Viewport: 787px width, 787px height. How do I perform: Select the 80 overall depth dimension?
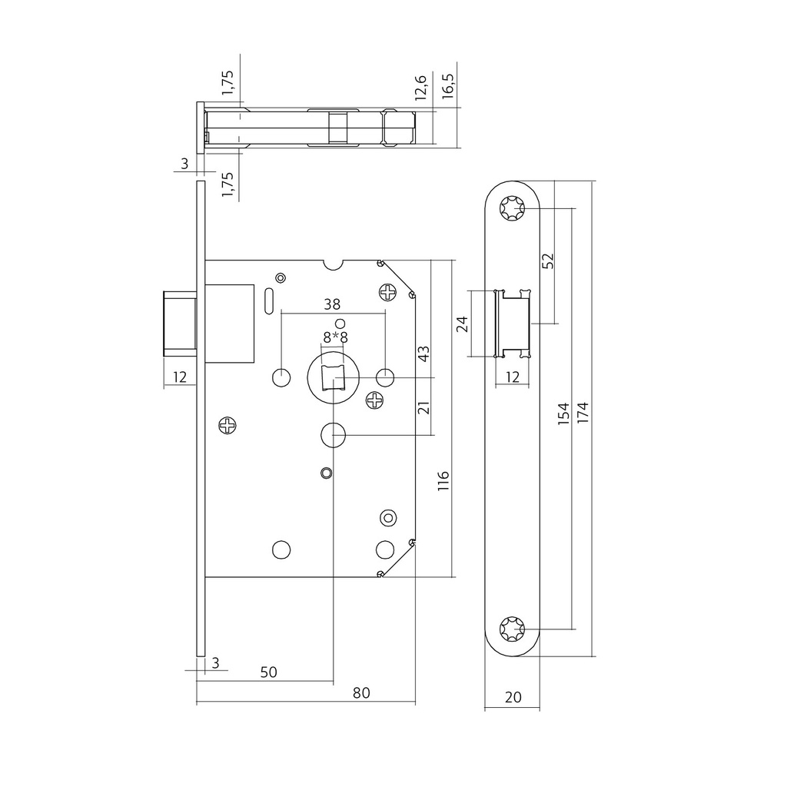point(361,693)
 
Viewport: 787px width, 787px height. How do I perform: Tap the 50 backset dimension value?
point(268,672)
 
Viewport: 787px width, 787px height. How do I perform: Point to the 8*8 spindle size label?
point(336,338)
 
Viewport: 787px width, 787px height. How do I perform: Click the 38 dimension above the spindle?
point(334,304)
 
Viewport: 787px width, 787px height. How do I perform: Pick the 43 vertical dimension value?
point(423,354)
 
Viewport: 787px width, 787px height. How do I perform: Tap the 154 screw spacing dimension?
point(563,416)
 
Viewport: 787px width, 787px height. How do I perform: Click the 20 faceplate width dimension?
point(513,698)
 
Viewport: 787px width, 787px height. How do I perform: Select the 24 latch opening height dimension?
point(462,324)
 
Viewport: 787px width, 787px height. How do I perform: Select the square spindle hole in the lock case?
point(334,378)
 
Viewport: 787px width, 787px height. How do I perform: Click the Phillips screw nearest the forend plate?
point(228,425)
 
